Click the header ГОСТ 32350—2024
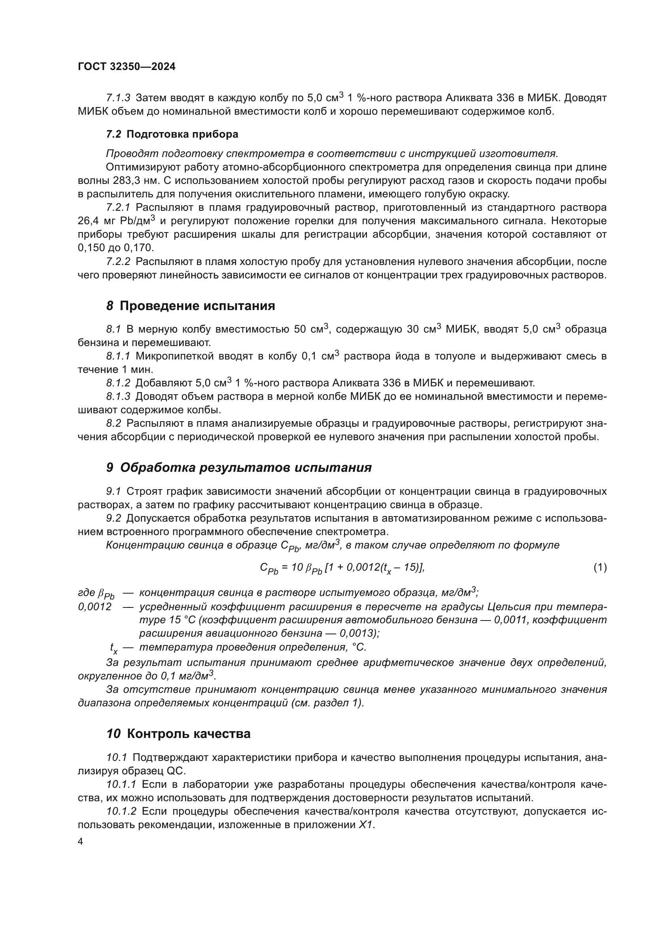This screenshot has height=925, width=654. point(127,67)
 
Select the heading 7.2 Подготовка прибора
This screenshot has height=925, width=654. point(172,134)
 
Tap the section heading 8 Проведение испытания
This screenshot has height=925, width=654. point(191,306)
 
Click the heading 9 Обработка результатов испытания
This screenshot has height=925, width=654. point(239,468)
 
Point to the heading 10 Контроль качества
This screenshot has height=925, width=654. point(178,734)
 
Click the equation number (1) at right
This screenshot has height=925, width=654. point(600,567)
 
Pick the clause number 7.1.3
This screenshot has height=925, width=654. point(118,98)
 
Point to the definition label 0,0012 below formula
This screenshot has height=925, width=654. point(95,606)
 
